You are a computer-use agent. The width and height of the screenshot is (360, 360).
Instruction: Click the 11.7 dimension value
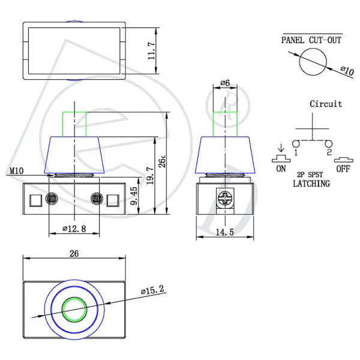pyautogui.click(x=151, y=51)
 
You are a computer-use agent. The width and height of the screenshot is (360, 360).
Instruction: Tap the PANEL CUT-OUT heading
pyautogui.click(x=311, y=40)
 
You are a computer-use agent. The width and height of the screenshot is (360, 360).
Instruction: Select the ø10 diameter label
pyautogui.click(x=347, y=71)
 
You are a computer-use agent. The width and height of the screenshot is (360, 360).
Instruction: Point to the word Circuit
pyautogui.click(x=326, y=104)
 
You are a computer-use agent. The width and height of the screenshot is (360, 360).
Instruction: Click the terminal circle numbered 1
pyautogui.click(x=296, y=144)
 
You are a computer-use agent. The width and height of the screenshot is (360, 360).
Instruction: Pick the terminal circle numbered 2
pyautogui.click(x=329, y=144)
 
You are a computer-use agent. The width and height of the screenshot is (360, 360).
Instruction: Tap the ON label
pyautogui.click(x=281, y=169)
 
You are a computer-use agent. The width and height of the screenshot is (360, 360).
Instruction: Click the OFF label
pyautogui.click(x=343, y=169)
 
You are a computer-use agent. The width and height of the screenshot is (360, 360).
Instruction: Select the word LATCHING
pyautogui.click(x=311, y=184)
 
